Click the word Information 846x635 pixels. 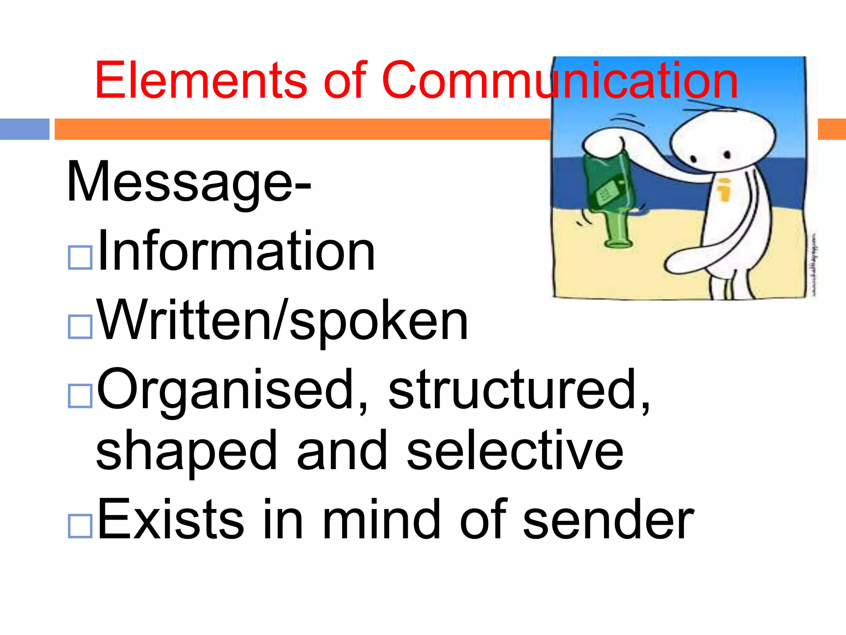click(236, 251)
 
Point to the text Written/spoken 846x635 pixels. click(283, 321)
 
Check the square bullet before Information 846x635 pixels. click(80, 258)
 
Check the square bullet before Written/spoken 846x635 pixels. click(80, 327)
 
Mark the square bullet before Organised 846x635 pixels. click(80, 396)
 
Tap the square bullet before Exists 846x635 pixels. click(80, 526)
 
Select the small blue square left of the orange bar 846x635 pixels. click(24, 129)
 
